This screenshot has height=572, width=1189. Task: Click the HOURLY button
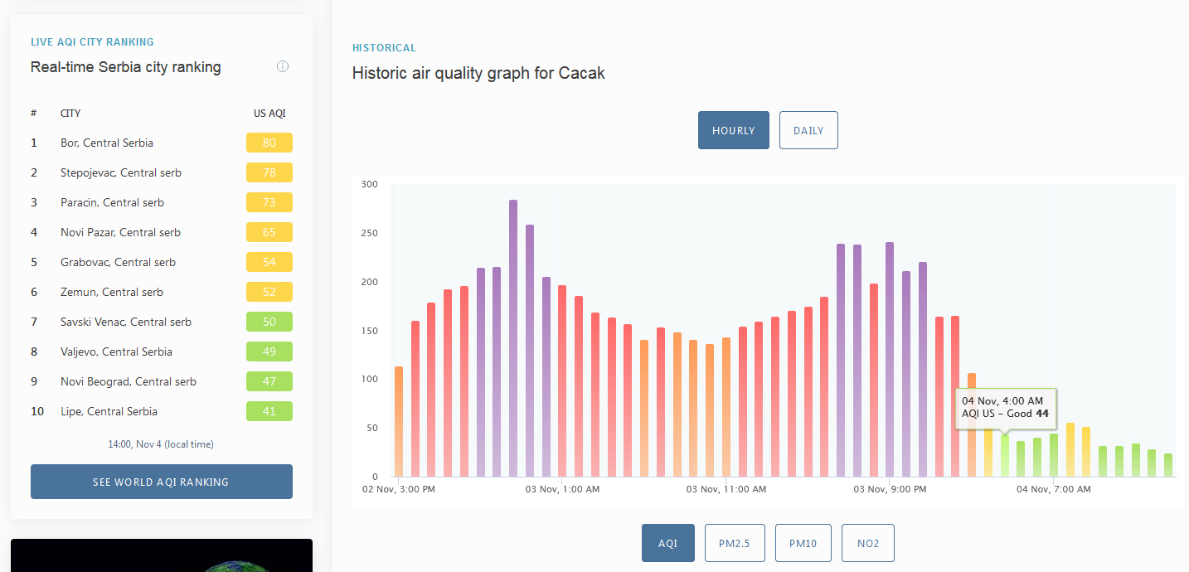[733, 130]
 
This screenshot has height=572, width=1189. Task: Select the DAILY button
[808, 130]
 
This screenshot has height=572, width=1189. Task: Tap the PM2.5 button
[735, 543]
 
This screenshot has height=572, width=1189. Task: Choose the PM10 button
[803, 543]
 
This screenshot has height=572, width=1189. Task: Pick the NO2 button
[868, 543]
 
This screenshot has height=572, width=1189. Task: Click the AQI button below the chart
[667, 543]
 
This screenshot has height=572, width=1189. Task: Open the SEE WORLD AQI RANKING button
[162, 482]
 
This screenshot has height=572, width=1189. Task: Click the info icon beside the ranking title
[283, 66]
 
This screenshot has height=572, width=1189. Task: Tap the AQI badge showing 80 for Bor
[269, 143]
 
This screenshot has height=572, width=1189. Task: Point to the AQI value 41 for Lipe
[269, 411]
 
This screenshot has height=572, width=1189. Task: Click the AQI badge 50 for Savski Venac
[269, 322]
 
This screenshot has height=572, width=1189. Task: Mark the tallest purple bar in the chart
[512, 338]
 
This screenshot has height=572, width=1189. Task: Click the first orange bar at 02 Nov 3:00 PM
[399, 421]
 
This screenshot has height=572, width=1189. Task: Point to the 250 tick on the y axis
[370, 233]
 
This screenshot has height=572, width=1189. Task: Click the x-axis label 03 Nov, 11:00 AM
[726, 489]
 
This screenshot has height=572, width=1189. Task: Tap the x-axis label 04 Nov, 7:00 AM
[1054, 489]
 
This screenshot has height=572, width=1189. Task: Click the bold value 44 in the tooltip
[1042, 414]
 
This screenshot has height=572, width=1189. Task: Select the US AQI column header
[269, 113]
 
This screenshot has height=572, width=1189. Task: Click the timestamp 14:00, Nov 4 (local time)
[161, 444]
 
